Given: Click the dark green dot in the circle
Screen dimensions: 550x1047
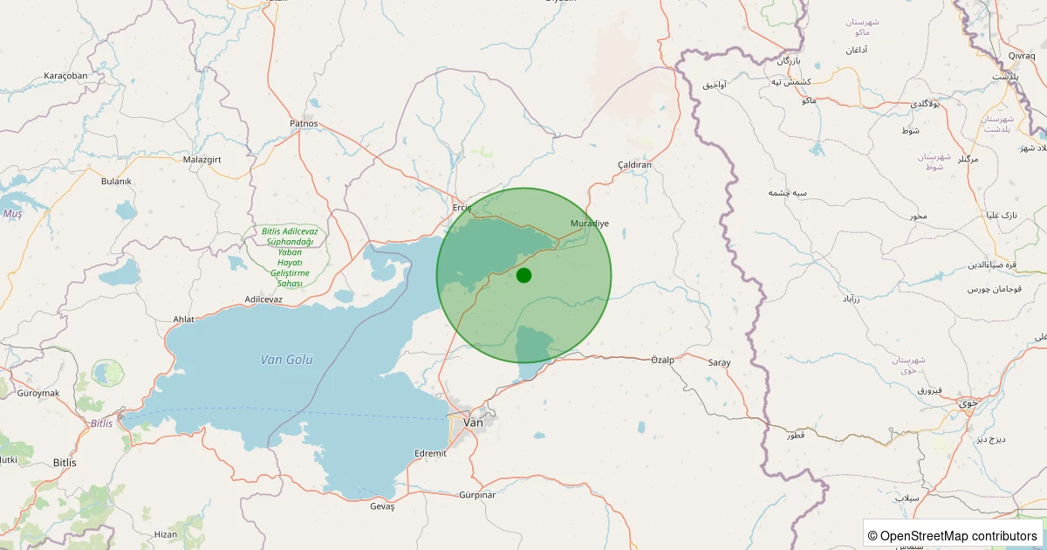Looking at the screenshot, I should tap(523, 276).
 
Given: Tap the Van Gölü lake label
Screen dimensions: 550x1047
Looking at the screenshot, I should tap(286, 360).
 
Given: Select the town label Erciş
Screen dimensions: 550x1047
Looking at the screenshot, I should tap(462, 208).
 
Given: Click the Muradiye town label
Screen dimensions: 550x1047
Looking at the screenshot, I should tap(589, 223).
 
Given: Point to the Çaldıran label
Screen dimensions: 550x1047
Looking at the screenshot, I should tap(634, 165).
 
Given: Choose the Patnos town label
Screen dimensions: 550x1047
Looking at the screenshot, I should tap(304, 124).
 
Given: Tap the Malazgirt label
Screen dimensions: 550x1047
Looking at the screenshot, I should tap(203, 160).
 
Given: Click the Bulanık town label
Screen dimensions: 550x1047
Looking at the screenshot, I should tap(116, 182).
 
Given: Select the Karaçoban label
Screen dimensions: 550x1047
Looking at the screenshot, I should tap(65, 76).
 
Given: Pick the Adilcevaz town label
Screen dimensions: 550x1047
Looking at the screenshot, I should tap(263, 299).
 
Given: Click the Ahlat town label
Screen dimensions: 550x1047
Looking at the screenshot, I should tap(184, 320).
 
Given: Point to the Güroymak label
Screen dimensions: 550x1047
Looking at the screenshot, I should tap(38, 393).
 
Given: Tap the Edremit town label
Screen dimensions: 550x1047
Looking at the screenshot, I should tap(430, 453).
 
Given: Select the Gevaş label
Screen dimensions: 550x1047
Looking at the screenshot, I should tap(382, 507).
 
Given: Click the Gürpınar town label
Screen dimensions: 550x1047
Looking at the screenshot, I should tap(476, 495).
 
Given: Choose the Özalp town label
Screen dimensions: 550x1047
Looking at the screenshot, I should tap(662, 360).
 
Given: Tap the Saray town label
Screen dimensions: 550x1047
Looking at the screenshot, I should tap(719, 362).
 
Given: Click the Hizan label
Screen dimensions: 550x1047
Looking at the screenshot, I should tap(165, 534).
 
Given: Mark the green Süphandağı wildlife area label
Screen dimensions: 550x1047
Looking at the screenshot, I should tap(290, 258).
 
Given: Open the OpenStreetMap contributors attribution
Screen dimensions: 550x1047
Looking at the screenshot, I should tap(954, 535).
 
